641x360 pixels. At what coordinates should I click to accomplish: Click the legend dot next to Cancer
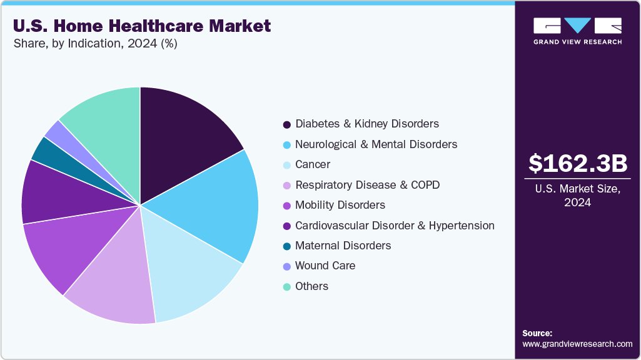click(286, 165)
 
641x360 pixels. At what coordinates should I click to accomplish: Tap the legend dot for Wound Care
click(286, 266)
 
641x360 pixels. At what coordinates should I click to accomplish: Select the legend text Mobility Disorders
click(340, 205)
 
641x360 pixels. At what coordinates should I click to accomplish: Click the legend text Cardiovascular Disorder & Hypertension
click(395, 226)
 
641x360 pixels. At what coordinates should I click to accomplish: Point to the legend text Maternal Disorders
click(343, 246)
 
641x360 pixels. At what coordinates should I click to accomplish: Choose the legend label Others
click(311, 286)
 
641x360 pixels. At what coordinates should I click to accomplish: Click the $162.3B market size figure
click(577, 164)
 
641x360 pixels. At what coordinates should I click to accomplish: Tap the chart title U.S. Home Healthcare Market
click(141, 26)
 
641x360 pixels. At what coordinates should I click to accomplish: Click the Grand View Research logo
click(577, 31)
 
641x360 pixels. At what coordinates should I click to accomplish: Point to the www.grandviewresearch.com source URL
click(577, 344)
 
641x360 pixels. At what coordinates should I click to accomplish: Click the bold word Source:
click(537, 333)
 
